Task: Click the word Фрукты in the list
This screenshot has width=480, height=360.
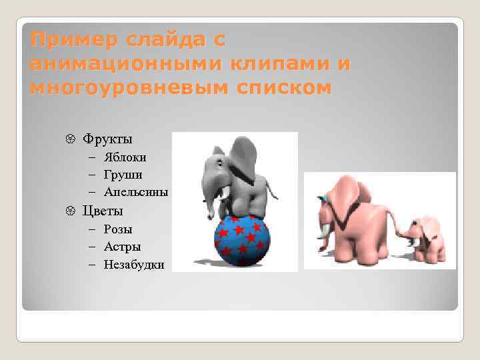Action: [107, 139]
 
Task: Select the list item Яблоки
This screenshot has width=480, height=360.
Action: [125, 157]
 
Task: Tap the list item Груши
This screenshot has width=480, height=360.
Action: [123, 175]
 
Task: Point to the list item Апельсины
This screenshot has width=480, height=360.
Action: [135, 192]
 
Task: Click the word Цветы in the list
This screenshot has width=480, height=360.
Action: [103, 211]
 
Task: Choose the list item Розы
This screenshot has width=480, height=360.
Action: [118, 229]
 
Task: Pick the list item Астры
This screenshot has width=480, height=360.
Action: [122, 247]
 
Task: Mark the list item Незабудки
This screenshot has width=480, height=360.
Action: [134, 265]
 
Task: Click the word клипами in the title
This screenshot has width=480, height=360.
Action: [277, 64]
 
